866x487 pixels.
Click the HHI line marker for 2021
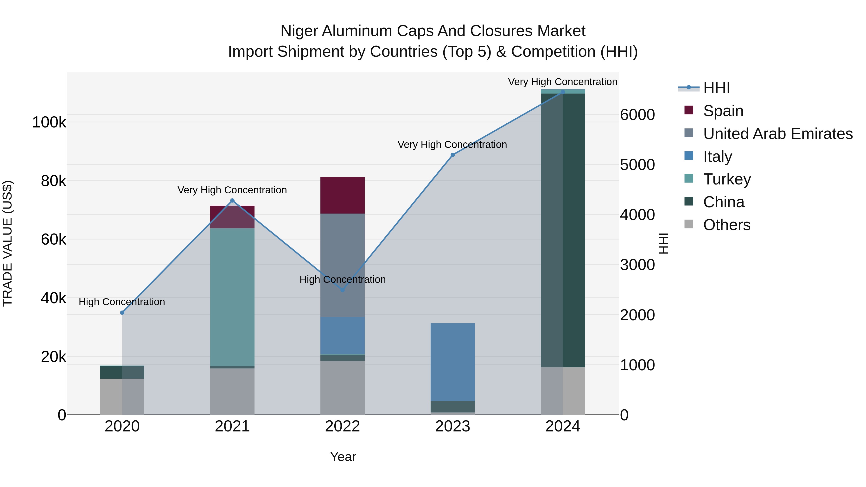click(232, 201)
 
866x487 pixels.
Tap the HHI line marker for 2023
click(452, 155)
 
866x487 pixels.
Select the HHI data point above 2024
click(563, 92)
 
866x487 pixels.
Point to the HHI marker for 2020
click(122, 313)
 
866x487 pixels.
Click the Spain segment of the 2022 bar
click(342, 195)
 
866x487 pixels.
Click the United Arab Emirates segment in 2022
click(342, 265)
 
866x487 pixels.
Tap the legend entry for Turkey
click(727, 179)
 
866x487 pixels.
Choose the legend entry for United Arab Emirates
click(777, 133)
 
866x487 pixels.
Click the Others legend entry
click(726, 225)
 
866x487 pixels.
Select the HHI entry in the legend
click(716, 88)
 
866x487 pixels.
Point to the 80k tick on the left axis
click(53, 181)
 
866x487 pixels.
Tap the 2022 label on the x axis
click(342, 426)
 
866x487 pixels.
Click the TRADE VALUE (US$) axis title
click(7, 243)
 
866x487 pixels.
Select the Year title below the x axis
click(343, 457)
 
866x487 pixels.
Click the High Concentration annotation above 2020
click(122, 302)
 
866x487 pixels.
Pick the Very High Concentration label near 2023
click(452, 145)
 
